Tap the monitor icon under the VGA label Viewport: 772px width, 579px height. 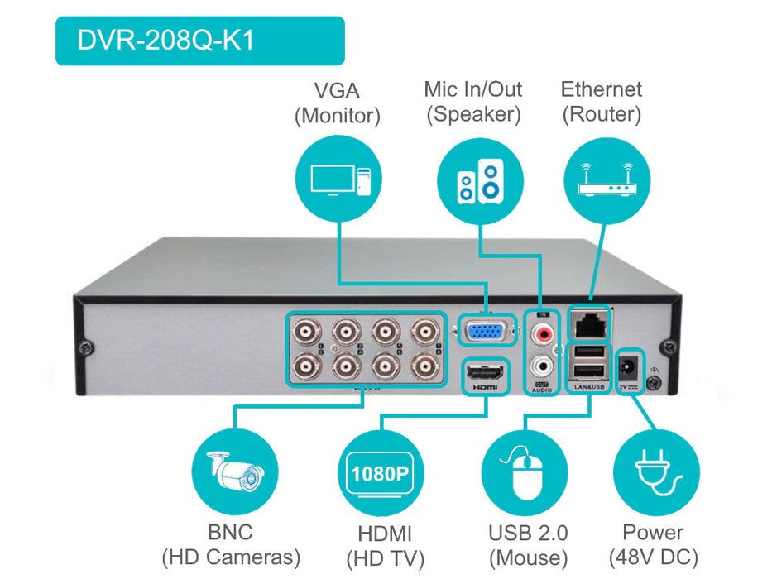pos(338,179)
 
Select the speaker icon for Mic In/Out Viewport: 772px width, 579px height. pos(480,179)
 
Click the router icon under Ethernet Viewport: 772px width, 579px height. pos(604,179)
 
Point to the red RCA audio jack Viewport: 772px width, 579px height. pos(543,335)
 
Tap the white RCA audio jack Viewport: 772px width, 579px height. pos(543,364)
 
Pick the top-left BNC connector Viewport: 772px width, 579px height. pos(309,333)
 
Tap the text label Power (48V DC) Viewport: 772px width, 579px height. pos(653,544)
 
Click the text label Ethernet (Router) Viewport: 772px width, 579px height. pos(602,102)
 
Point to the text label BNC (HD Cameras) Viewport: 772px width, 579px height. pos(231,544)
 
